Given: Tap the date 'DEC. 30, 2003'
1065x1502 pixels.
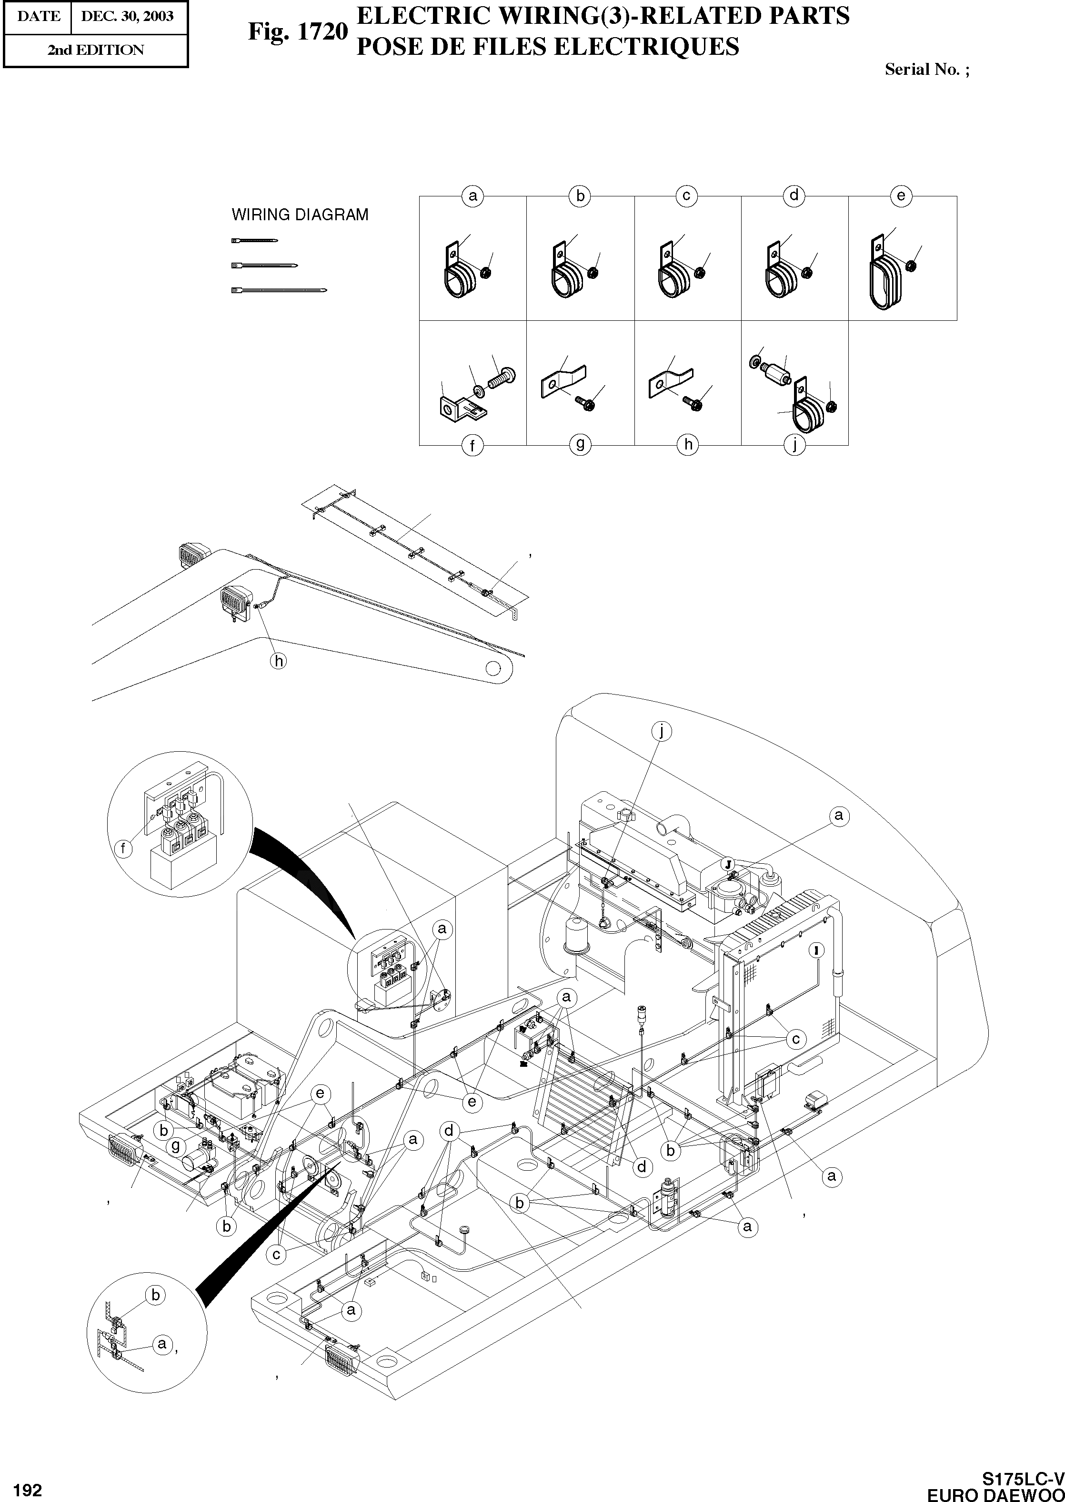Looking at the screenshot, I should [127, 16].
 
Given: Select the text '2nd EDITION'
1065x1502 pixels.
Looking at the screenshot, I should [95, 51].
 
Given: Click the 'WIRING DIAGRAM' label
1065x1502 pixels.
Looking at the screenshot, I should [300, 215].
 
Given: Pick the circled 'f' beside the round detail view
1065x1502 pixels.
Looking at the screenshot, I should [123, 848].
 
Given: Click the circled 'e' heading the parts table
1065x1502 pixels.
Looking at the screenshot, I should [901, 195].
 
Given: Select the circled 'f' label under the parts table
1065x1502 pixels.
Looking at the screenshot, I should [472, 446].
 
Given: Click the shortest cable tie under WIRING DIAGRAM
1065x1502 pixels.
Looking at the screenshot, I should [254, 241].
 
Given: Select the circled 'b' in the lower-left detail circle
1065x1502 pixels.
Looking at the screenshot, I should [155, 1295].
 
